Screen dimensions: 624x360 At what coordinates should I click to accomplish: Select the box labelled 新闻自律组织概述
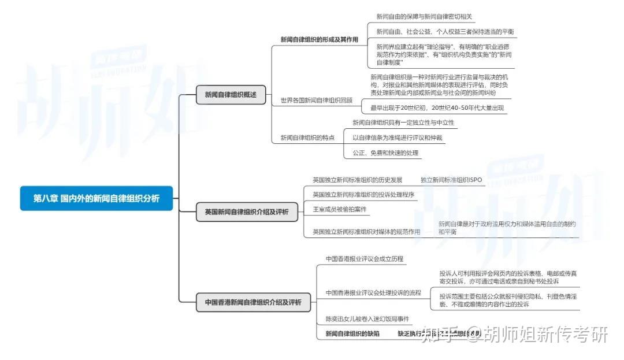pyautogui.click(x=231, y=94)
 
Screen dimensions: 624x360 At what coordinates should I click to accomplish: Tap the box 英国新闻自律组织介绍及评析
pyautogui.click(x=247, y=212)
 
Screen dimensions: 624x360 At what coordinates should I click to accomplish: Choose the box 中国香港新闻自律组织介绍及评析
pyautogui.click(x=253, y=302)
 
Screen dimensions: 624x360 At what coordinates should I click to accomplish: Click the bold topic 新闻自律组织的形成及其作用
pyautogui.click(x=319, y=40)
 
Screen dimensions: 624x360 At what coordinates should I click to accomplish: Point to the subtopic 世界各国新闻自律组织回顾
pyautogui.click(x=316, y=100)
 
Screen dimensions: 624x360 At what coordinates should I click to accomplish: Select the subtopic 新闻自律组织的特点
pyautogui.click(x=307, y=138)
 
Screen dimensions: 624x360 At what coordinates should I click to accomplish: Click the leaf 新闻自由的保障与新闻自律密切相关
pyautogui.click(x=425, y=17)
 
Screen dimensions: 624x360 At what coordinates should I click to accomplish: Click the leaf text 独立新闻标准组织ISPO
pyautogui.click(x=451, y=180)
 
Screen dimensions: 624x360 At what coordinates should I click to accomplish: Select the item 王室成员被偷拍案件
pyautogui.click(x=340, y=209)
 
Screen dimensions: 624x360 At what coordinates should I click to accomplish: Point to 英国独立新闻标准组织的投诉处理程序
pyautogui.click(x=363, y=194)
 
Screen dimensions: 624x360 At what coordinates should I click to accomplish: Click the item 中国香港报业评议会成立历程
pyautogui.click(x=364, y=259)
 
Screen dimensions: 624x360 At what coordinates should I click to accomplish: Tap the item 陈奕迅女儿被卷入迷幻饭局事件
pyautogui.click(x=367, y=319)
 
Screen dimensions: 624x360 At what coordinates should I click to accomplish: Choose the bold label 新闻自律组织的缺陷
pyautogui.click(x=352, y=333)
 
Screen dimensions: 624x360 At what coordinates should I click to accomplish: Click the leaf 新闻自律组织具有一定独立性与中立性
pyautogui.click(x=403, y=123)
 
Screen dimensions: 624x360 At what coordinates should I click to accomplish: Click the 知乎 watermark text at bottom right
pyautogui.click(x=438, y=334)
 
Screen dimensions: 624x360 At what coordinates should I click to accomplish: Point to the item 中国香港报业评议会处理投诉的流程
pyautogui.click(x=373, y=292)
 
